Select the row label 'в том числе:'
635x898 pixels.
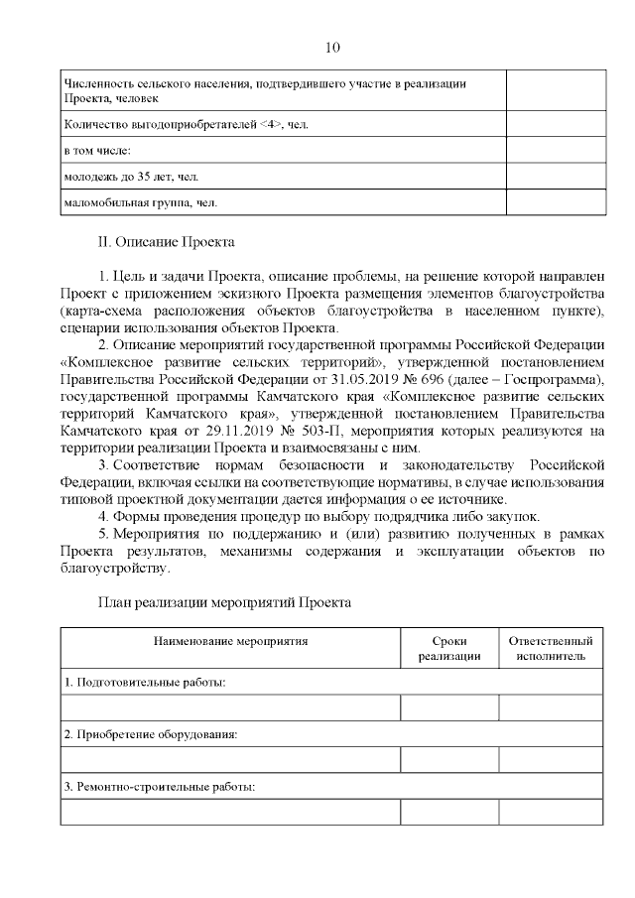tap(96, 151)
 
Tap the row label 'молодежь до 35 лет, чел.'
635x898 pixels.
tap(129, 177)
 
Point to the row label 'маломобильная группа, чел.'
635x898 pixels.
tap(139, 202)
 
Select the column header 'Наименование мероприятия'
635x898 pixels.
tap(230, 641)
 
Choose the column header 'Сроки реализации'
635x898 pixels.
tap(449, 648)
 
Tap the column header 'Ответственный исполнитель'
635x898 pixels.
tap(550, 648)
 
